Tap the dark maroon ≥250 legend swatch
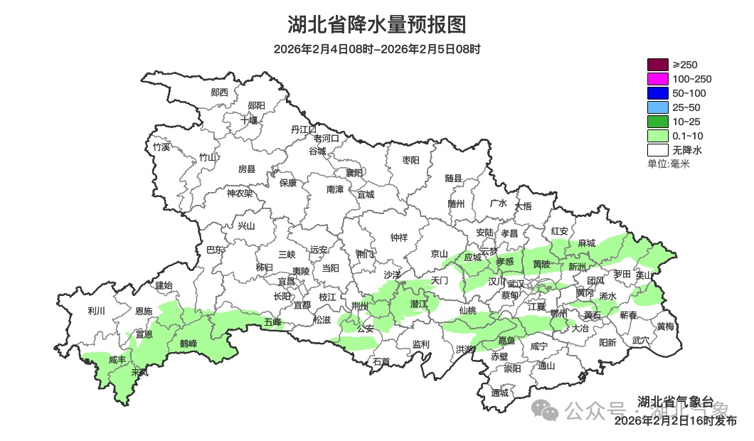pyautogui.click(x=657, y=65)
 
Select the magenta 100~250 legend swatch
pyautogui.click(x=657, y=79)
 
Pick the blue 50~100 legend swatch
pyautogui.click(x=657, y=93)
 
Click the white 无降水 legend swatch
pyautogui.click(x=657, y=150)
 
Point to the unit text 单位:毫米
pyautogui.click(x=669, y=164)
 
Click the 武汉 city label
pyautogui.click(x=515, y=283)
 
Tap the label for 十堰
pyautogui.click(x=249, y=119)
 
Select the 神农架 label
pyautogui.click(x=240, y=193)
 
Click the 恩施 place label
pyautogui.click(x=144, y=311)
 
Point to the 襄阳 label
pyautogui.click(x=354, y=173)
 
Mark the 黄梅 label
pyautogui.click(x=666, y=326)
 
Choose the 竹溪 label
pyautogui.click(x=162, y=147)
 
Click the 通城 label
pyautogui.click(x=500, y=393)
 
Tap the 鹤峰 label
pyautogui.click(x=188, y=344)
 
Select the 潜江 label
pyautogui.click(x=420, y=304)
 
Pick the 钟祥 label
pyautogui.click(x=400, y=238)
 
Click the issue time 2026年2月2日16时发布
pyautogui.click(x=675, y=421)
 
